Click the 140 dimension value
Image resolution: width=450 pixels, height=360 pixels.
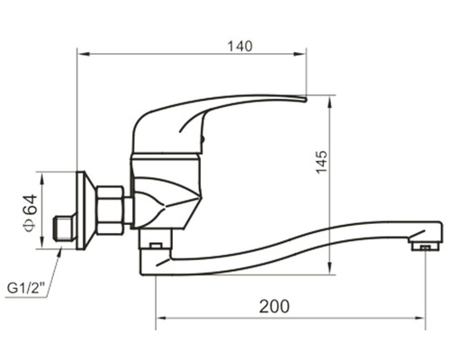click(240, 45)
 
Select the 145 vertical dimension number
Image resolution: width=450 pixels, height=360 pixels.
click(322, 160)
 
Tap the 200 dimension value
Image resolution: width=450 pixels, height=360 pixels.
click(275, 306)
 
